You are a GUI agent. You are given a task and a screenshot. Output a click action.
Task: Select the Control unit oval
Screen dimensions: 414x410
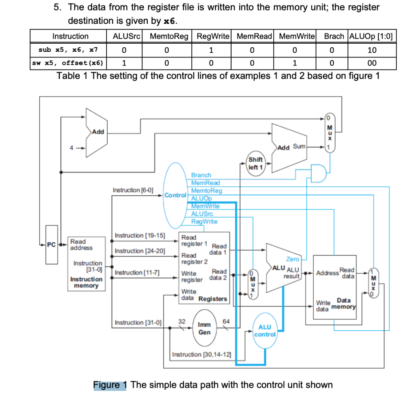(x=176, y=195)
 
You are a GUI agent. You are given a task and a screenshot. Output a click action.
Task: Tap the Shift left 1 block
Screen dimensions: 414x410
(x=255, y=163)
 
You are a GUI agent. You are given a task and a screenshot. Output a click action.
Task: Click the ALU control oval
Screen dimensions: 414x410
(x=265, y=330)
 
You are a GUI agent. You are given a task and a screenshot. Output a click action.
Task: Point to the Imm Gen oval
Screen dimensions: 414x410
(x=204, y=328)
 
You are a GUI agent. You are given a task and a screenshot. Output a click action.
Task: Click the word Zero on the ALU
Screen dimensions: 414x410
(x=292, y=259)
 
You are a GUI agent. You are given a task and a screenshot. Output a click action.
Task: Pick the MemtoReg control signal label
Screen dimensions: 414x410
(x=206, y=190)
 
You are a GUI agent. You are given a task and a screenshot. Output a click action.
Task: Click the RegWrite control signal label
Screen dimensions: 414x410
(x=204, y=221)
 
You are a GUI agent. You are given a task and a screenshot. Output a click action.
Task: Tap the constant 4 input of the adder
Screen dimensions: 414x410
(x=71, y=148)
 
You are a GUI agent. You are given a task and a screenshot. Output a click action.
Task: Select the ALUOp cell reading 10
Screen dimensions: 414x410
(x=372, y=50)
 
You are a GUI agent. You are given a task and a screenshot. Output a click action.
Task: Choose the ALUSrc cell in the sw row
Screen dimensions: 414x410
(x=124, y=63)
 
